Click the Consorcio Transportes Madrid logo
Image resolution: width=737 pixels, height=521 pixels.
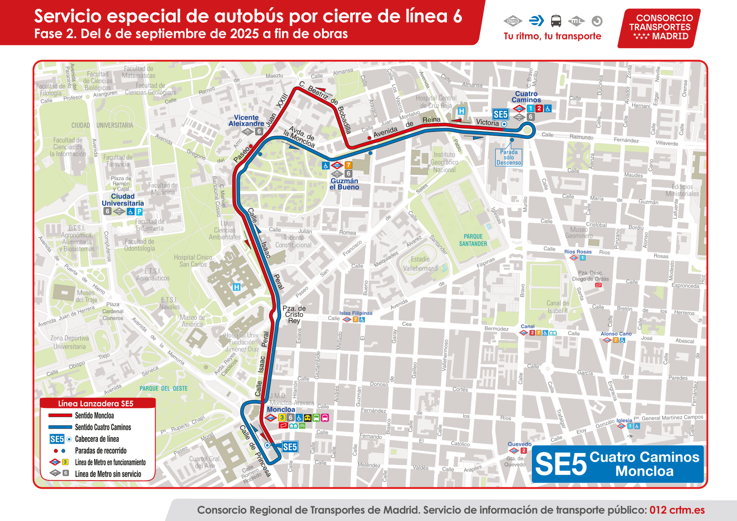point(659,27)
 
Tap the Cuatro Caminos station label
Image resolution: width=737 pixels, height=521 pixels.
point(526,97)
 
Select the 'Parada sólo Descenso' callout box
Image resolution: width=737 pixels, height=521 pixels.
point(509,158)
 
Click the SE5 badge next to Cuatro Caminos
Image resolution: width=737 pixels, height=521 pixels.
point(500,114)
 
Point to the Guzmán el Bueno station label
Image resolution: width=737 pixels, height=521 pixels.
point(344,184)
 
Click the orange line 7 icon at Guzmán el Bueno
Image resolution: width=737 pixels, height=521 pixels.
point(349,165)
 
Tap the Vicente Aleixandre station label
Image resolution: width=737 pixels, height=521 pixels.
point(246,121)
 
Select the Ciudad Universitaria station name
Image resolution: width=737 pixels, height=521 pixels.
point(123,200)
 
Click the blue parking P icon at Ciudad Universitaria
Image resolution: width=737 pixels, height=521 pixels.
point(139,212)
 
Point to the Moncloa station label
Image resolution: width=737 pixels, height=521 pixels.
point(281,410)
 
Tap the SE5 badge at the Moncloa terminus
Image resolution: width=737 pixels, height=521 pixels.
point(290,447)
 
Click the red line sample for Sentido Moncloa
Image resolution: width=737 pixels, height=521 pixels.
point(60,416)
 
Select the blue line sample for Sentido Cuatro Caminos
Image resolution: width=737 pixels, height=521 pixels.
point(60,427)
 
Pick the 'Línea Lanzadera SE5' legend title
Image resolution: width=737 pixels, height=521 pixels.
point(96,404)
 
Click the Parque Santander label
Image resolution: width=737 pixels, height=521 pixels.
point(473,240)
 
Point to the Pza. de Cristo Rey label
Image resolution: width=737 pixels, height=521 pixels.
point(294,314)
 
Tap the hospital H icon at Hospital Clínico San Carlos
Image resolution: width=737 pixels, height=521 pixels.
point(237,287)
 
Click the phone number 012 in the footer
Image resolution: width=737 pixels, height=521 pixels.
point(658,510)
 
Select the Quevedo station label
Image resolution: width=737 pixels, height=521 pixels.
point(520,444)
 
